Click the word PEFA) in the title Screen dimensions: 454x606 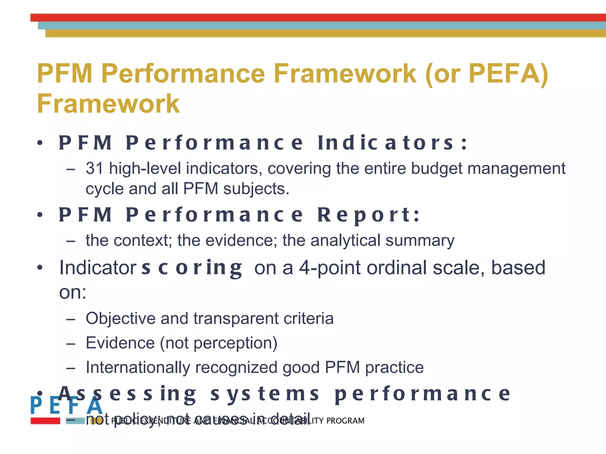pyautogui.click(x=508, y=74)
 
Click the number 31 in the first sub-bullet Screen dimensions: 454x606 pyautogui.click(x=94, y=168)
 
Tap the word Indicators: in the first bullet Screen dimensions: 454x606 pyautogui.click(x=392, y=143)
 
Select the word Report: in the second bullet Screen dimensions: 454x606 pyautogui.click(x=368, y=215)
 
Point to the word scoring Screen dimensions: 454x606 pyautogui.click(x=192, y=268)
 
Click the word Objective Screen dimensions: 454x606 pyautogui.click(x=120, y=319)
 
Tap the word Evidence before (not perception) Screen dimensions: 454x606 pyautogui.click(x=120, y=343)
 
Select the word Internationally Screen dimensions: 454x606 pyautogui.click(x=138, y=367)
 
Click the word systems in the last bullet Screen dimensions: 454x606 pyautogui.click(x=265, y=394)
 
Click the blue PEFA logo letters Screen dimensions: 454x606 pyautogui.click(x=67, y=406)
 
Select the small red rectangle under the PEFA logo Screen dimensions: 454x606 pyautogui.click(x=45, y=421)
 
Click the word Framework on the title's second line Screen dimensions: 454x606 pyautogui.click(x=108, y=104)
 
